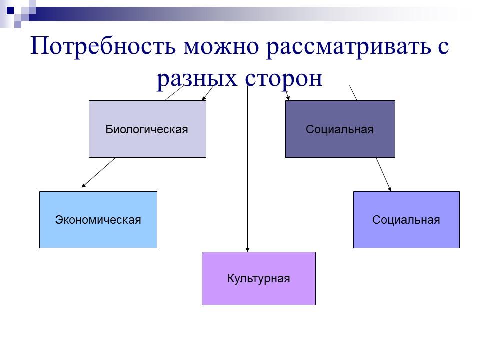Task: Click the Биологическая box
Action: [x=147, y=129]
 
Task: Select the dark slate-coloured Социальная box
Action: [x=340, y=129]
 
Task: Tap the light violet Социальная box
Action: [x=406, y=220]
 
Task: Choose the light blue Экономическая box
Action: [x=98, y=220]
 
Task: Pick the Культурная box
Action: [x=258, y=278]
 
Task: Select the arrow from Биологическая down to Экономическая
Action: [x=99, y=173]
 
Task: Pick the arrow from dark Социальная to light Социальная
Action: [x=383, y=174]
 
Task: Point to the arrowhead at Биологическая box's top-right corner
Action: [x=204, y=98]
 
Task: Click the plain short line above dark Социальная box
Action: [x=353, y=93]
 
